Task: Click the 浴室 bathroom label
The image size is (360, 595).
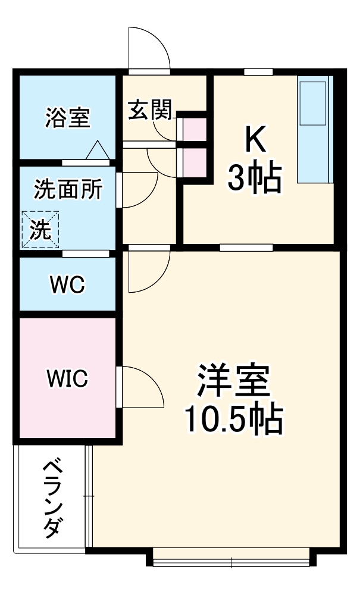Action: pyautogui.click(x=67, y=117)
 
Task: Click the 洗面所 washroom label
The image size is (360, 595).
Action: pyautogui.click(x=67, y=189)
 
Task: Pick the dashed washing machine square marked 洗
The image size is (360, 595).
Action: pyautogui.click(x=40, y=229)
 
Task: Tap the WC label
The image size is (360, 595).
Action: pyautogui.click(x=67, y=285)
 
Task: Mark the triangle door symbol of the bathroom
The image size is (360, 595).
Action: pyautogui.click(x=98, y=151)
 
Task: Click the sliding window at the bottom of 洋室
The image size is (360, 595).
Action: pyautogui.click(x=231, y=558)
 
